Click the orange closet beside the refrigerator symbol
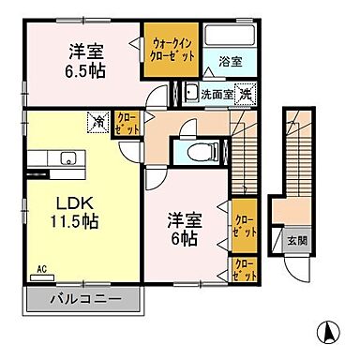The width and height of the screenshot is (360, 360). pyautogui.click(x=125, y=124)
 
